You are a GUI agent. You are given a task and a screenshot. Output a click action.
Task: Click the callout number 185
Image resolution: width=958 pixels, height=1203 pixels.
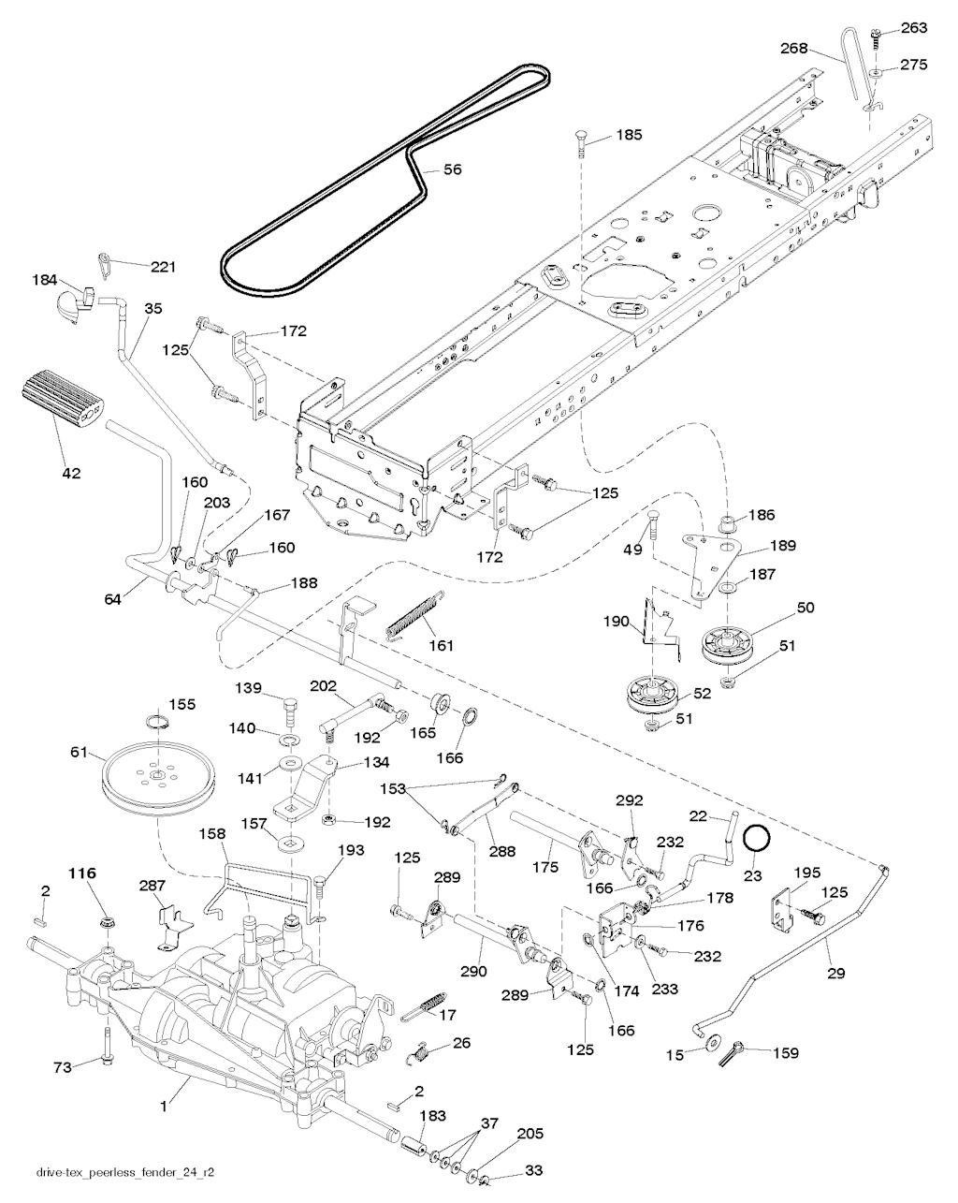coord(629,136)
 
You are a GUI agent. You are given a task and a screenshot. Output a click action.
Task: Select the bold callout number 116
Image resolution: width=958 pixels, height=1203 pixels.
coord(82,873)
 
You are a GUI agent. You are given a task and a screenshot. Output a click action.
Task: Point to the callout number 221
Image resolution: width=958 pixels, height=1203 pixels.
coord(163,267)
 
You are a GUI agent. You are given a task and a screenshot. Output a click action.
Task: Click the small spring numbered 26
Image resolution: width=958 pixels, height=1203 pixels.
coord(421,1053)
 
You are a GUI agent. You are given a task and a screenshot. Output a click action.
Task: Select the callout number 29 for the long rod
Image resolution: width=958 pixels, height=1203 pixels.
coord(835,973)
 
